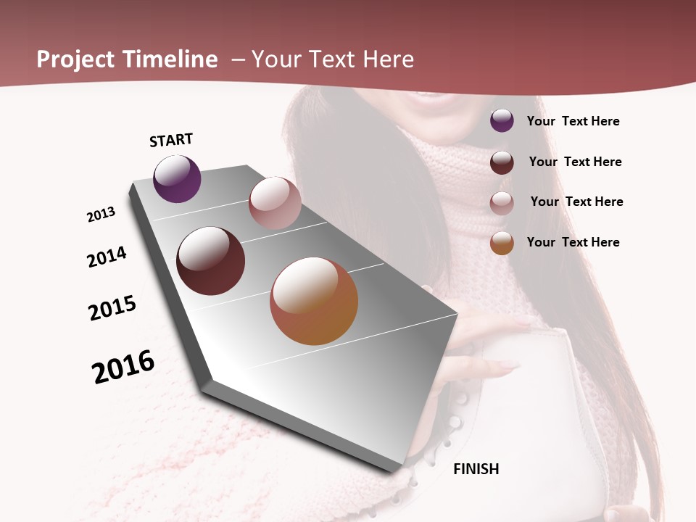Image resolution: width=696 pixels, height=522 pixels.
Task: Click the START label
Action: (x=171, y=140)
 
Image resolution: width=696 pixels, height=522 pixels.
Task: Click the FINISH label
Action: (x=476, y=469)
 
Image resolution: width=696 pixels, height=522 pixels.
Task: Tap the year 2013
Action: (x=101, y=215)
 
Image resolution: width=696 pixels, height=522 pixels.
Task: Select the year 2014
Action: (x=107, y=257)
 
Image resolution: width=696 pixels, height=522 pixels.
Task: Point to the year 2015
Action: (x=112, y=308)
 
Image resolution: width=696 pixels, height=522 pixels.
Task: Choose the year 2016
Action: (x=123, y=367)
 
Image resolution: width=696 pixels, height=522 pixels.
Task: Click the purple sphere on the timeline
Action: (x=177, y=178)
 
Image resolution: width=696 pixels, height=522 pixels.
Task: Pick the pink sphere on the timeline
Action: (x=275, y=203)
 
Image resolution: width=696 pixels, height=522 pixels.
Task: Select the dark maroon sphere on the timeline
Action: (x=210, y=261)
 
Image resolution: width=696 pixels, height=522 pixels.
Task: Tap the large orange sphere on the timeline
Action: (x=314, y=301)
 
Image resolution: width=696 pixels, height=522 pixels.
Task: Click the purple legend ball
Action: (x=502, y=120)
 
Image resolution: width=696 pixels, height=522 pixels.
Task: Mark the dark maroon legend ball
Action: (x=502, y=162)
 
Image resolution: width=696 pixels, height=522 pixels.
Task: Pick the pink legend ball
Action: (x=502, y=203)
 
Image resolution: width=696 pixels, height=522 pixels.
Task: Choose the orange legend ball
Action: (x=502, y=243)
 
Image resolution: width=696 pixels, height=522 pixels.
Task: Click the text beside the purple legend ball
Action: (x=573, y=121)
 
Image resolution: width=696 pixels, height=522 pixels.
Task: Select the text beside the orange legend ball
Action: (x=573, y=242)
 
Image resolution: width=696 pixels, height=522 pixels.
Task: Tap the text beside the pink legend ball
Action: (x=576, y=202)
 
